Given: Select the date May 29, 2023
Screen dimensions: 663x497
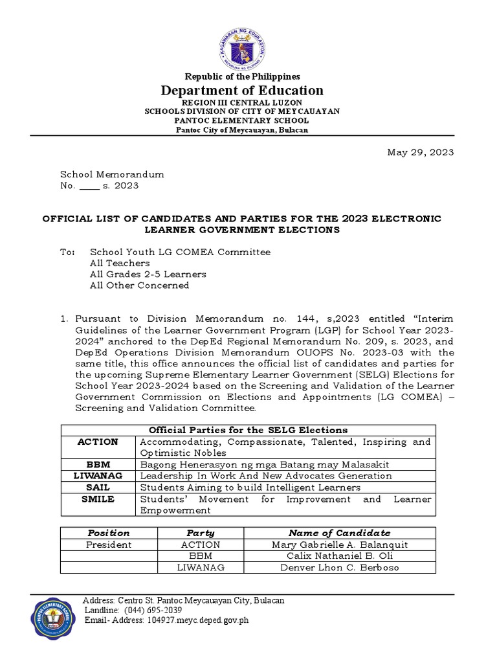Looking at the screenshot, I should (x=420, y=153).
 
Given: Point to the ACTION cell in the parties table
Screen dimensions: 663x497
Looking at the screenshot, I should (x=98, y=442).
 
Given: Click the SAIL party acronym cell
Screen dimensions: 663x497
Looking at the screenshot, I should (x=98, y=487).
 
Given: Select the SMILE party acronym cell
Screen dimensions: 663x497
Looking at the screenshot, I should (x=98, y=499).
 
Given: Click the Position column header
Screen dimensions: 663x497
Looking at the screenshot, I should (x=109, y=533).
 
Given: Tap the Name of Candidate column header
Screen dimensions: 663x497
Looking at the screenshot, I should (x=339, y=533).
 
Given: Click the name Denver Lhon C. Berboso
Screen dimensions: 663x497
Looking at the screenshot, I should (x=339, y=568).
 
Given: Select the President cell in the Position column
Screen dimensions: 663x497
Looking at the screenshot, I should (x=109, y=545).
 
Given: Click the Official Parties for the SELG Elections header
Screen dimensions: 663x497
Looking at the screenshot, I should (x=248, y=430).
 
